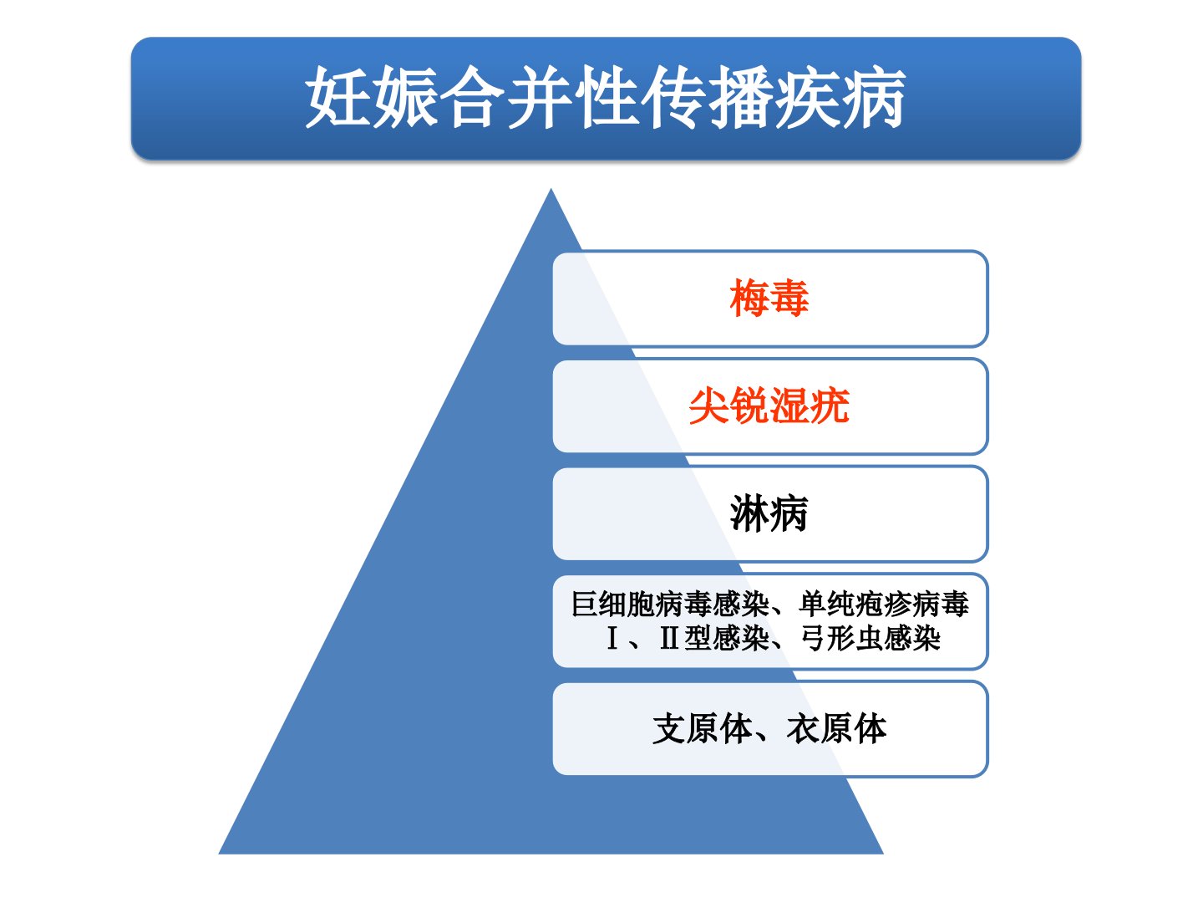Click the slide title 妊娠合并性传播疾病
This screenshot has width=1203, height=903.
(x=605, y=98)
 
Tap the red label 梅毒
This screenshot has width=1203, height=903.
(x=769, y=298)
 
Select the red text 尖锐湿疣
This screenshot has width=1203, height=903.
(x=769, y=406)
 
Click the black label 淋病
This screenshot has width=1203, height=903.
(x=769, y=513)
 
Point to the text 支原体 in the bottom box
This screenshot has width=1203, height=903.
(x=702, y=729)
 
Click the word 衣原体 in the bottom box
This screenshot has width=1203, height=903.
(x=836, y=729)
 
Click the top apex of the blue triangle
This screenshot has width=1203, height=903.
(x=551, y=189)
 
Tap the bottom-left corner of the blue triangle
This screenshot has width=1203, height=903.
(x=219, y=854)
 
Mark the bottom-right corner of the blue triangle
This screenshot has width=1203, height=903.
(x=884, y=854)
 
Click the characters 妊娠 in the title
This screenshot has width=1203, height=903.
(x=372, y=98)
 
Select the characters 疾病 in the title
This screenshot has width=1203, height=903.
(x=839, y=98)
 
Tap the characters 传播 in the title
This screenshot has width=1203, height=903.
(x=705, y=98)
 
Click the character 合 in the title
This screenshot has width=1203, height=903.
(x=472, y=98)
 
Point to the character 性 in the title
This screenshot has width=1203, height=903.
(x=606, y=98)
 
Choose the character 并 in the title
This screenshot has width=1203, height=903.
(x=539, y=98)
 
